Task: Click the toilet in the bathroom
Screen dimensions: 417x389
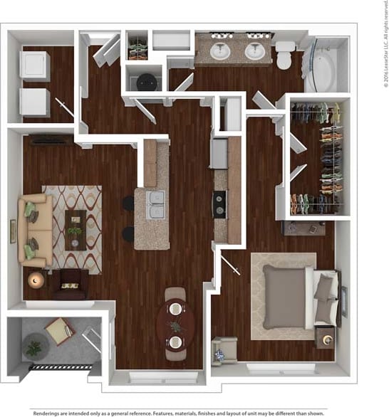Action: click(284, 54)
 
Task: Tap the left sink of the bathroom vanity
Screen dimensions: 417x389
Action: click(220, 51)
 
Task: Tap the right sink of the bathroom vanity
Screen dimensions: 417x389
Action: click(255, 51)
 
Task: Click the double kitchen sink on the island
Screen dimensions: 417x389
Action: click(155, 205)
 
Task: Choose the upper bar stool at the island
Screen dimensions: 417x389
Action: click(128, 203)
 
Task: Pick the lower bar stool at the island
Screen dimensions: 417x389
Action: click(128, 233)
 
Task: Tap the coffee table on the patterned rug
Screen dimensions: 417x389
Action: click(75, 230)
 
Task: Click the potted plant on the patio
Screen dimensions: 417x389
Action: click(33, 348)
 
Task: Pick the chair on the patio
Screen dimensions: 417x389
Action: click(60, 330)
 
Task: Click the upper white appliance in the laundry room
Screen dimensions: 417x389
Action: click(35, 64)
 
